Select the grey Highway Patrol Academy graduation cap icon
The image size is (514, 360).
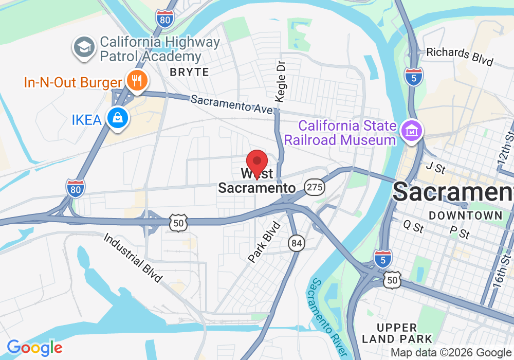coord(83,47)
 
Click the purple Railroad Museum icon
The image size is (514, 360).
coord(412,131)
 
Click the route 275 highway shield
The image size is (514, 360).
coord(314,187)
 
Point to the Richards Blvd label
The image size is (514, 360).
coord(460,57)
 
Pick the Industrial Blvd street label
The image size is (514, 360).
coord(133,258)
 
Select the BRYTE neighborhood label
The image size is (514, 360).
coord(190,72)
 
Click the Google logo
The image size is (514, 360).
coord(34,348)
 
